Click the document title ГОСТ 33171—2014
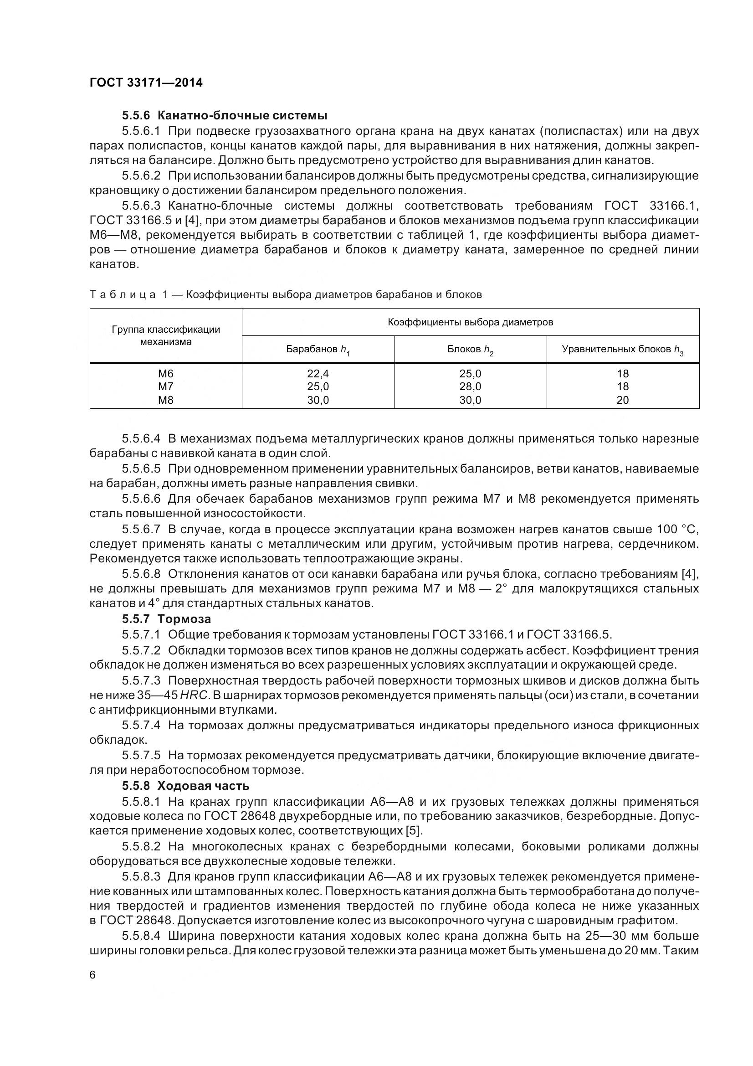[x=146, y=83]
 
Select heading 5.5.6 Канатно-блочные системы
[x=225, y=115]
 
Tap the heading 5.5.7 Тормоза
[x=167, y=619]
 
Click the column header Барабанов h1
[x=318, y=350]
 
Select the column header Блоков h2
[x=470, y=350]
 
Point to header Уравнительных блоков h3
[x=622, y=350]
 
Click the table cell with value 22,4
[x=318, y=373]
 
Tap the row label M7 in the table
[x=166, y=386]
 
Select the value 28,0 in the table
[x=470, y=386]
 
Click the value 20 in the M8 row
[x=622, y=400]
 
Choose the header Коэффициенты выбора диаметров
[x=470, y=322]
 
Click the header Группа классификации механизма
[x=166, y=335]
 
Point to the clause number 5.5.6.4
[x=141, y=438]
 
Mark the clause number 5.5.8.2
[x=141, y=846]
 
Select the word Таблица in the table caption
[x=123, y=294]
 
